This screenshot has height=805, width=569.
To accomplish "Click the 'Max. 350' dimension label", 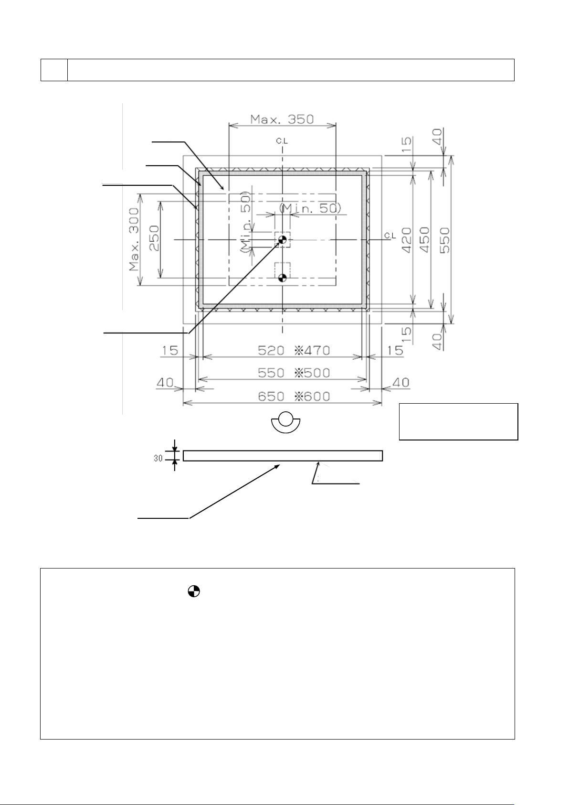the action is (x=283, y=119).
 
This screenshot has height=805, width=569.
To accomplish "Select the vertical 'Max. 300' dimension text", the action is (x=135, y=239).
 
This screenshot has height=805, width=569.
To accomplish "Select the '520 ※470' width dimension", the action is (x=294, y=351).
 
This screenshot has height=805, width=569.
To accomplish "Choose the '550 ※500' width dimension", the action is (x=294, y=373).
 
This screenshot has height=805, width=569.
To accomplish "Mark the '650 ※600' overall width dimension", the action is (x=294, y=397).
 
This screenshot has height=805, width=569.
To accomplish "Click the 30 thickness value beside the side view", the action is (x=158, y=458).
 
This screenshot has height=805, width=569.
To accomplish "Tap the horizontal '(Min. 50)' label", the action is (x=310, y=208).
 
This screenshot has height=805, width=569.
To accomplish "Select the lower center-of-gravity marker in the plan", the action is (x=282, y=278).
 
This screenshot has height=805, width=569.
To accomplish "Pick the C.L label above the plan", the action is (x=282, y=141).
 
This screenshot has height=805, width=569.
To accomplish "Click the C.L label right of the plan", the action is (x=390, y=236).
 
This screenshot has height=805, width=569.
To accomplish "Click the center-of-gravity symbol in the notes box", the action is (x=193, y=591).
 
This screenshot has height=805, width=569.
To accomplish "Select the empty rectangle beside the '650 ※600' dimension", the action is (x=458, y=421).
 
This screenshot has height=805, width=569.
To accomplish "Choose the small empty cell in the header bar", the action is (x=54, y=70).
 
